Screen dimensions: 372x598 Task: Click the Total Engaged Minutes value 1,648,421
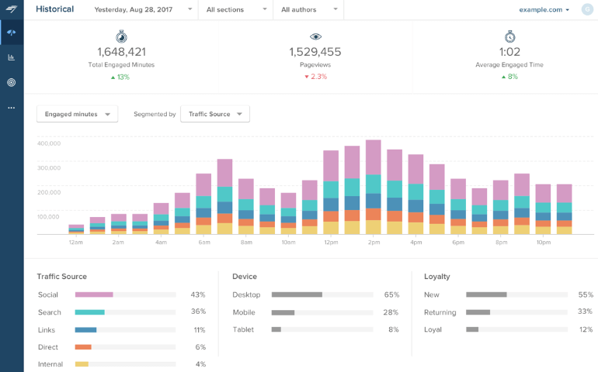(x=121, y=52)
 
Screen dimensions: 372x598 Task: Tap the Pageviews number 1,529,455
(x=315, y=52)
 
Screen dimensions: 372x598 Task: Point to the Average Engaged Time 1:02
(x=509, y=52)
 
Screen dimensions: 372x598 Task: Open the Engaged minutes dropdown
(x=77, y=114)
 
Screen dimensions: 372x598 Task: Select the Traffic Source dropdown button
(x=214, y=114)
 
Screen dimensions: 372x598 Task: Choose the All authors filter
(x=309, y=9)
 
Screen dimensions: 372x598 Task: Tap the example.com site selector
(x=544, y=9)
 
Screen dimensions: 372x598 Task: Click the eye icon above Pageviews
(x=315, y=36)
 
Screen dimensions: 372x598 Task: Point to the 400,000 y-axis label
(x=48, y=143)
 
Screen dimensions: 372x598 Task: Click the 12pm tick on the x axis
(x=331, y=243)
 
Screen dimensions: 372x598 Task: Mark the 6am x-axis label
(x=203, y=243)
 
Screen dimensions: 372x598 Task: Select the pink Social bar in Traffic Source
(x=94, y=294)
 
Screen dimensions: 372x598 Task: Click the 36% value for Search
(x=198, y=312)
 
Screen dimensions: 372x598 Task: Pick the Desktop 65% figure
(x=391, y=294)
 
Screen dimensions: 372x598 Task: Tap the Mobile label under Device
(x=244, y=312)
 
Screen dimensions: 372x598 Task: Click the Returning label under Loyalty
(x=440, y=312)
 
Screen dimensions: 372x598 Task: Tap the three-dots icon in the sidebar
(x=11, y=108)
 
